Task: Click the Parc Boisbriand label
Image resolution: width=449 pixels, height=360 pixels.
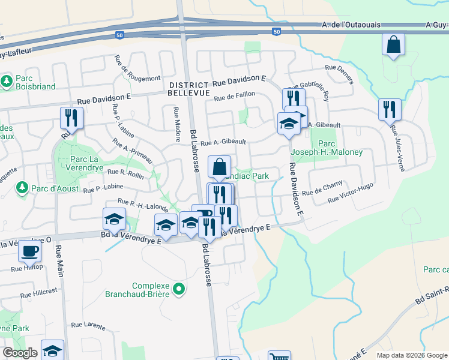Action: coord(35,82)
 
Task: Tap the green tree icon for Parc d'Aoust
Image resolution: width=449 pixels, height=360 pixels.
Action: coord(22,188)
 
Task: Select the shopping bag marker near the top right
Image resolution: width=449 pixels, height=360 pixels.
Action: coord(393,46)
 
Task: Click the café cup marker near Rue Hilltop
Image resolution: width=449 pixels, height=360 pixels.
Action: coord(29,251)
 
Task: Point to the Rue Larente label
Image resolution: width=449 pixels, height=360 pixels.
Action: coord(88,325)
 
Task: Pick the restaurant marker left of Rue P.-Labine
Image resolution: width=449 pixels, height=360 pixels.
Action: coord(71,118)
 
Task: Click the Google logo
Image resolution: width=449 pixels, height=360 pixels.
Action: coord(20,353)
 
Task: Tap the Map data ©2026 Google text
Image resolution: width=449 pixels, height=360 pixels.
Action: coord(412,355)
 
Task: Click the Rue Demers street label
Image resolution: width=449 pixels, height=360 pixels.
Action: coord(340,75)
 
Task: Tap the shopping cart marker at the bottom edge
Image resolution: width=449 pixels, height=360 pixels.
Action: coord(279,356)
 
